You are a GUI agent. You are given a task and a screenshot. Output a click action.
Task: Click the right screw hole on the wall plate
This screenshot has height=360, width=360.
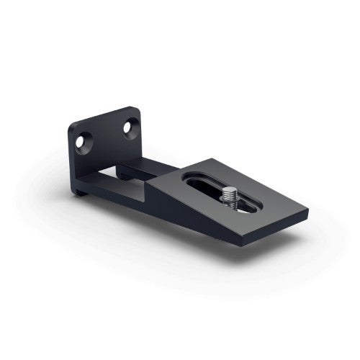130,129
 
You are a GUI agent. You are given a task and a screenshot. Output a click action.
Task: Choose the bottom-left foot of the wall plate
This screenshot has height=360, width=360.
76,193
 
